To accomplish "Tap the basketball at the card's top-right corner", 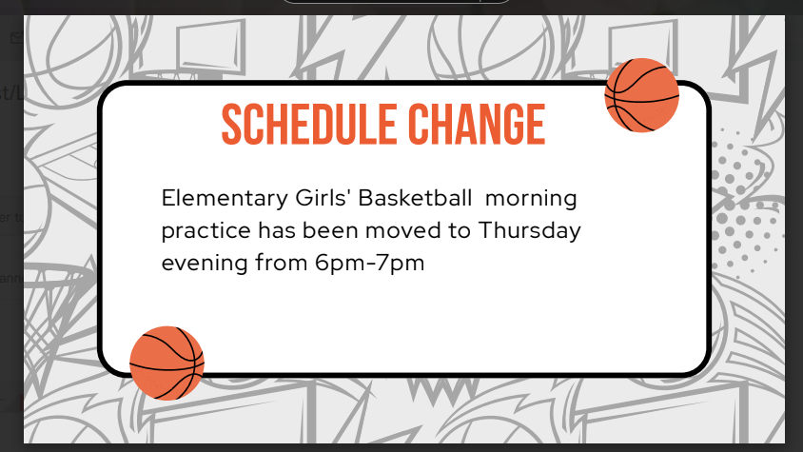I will (641, 95).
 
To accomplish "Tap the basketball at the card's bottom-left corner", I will (166, 363).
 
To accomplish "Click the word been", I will (343, 231).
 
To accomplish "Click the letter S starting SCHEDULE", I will (231, 125).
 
